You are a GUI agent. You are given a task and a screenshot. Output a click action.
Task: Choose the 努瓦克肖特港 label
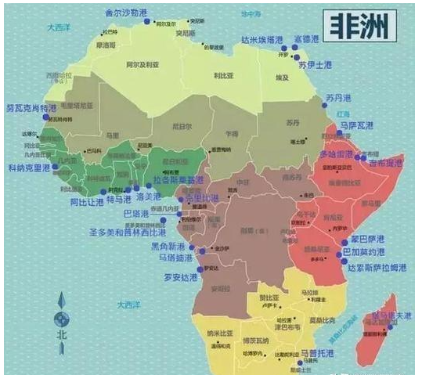click(31, 108)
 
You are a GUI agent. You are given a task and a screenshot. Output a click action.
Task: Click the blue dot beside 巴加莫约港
click(337, 253)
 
